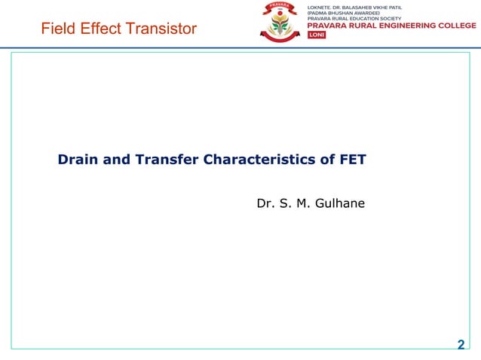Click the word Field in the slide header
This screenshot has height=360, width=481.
[57, 29]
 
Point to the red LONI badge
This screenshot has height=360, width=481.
[317, 35]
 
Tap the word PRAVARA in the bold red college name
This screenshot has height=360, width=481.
[327, 25]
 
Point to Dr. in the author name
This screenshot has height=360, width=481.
[265, 203]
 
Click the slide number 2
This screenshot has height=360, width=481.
[461, 345]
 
